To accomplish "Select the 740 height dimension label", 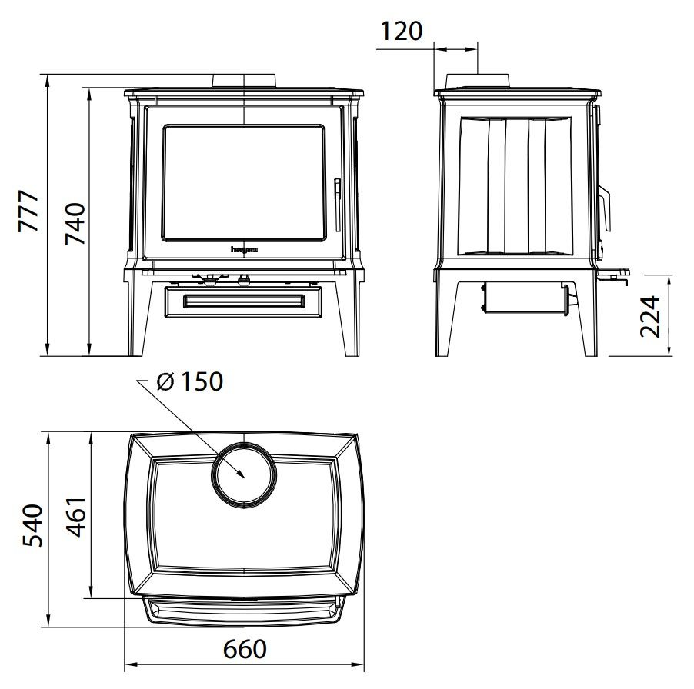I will click(x=74, y=223).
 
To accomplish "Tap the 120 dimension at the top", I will click(x=402, y=32).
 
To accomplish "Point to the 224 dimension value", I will click(x=652, y=316).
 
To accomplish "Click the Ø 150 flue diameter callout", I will click(x=189, y=381).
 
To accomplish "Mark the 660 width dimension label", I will click(x=245, y=650).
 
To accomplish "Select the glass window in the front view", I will click(x=243, y=182).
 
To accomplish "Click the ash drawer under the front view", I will click(x=243, y=300).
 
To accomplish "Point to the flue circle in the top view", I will click(x=244, y=474).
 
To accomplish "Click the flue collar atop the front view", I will click(x=244, y=82).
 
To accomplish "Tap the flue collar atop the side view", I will click(x=478, y=82).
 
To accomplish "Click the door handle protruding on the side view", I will click(x=606, y=208).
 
